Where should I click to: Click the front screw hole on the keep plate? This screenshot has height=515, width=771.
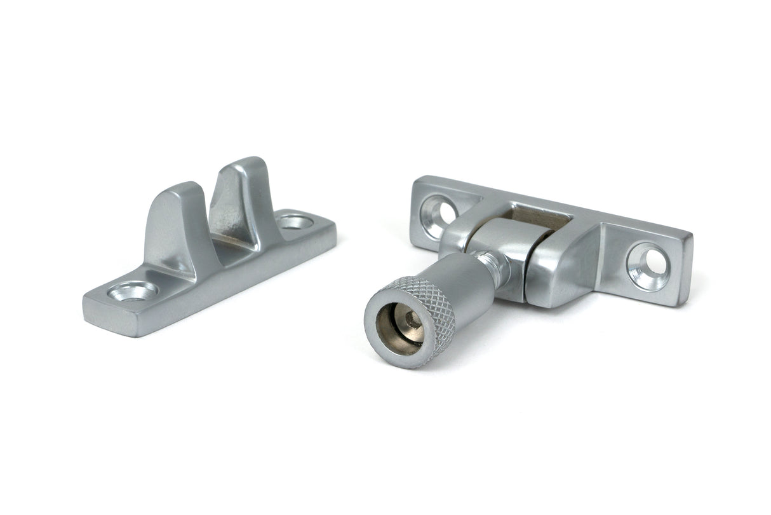(132, 291)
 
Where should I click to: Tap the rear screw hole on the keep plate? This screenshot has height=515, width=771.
(295, 222)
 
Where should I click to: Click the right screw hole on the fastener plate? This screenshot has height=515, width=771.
(648, 264)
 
